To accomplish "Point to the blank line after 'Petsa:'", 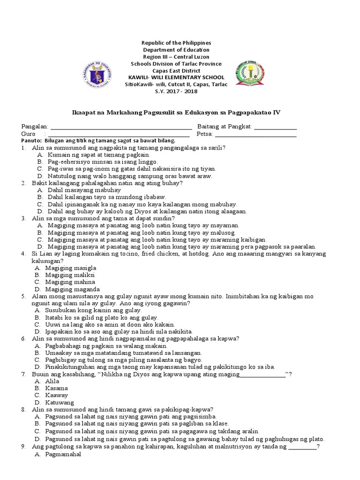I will [x=255, y=135].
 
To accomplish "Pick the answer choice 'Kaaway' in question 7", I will [x=57, y=395].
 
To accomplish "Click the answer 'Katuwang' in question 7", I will [x=60, y=402].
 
